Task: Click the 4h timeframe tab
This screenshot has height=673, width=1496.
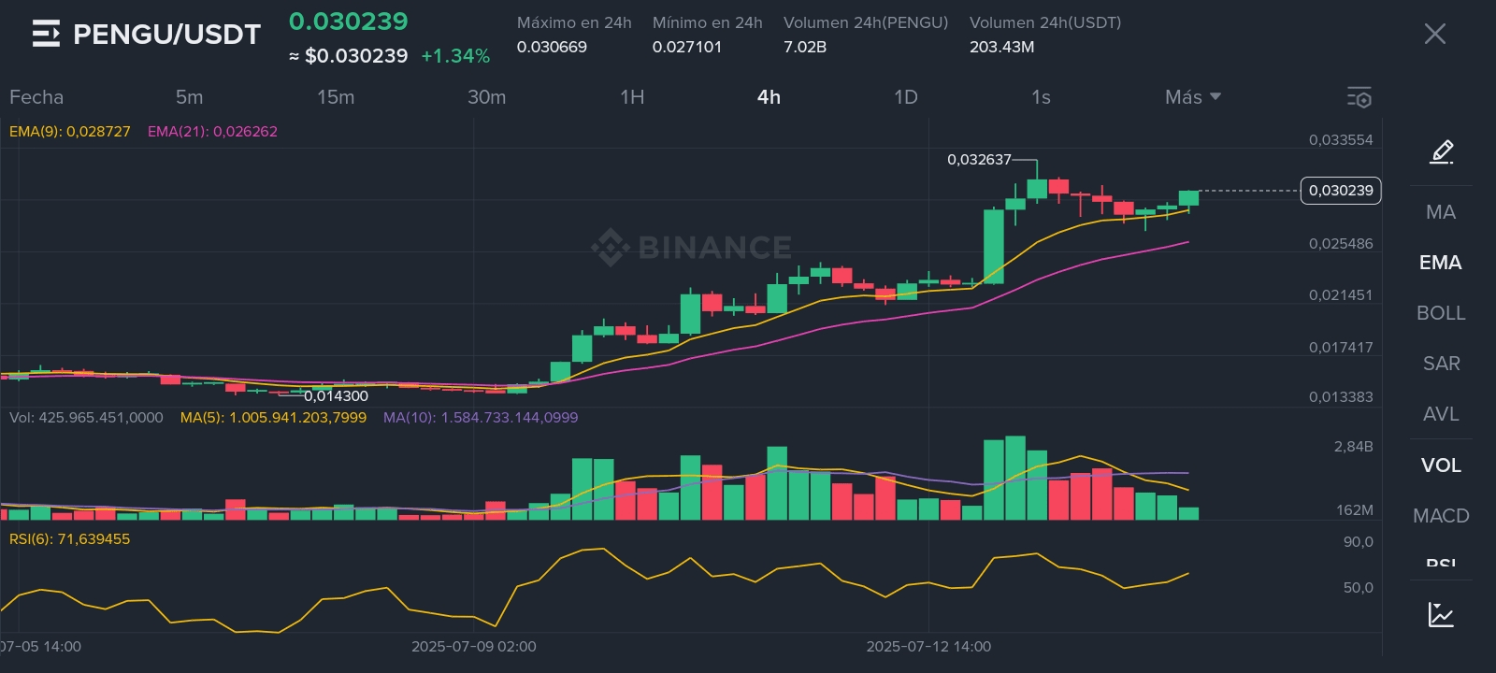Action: click(x=769, y=97)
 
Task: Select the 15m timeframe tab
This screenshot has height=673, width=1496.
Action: click(x=336, y=97)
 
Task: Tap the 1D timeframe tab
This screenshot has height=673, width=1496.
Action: click(x=905, y=97)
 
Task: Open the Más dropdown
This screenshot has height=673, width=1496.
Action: click(x=1192, y=97)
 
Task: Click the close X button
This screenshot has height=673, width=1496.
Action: click(x=1434, y=35)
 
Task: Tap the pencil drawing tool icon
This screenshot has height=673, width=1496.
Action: click(x=1441, y=151)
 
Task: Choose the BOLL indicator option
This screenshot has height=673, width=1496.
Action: click(x=1441, y=313)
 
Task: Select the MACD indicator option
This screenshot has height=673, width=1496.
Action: click(x=1441, y=516)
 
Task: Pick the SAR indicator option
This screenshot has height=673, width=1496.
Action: click(x=1441, y=364)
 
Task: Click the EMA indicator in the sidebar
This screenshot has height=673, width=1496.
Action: click(x=1440, y=263)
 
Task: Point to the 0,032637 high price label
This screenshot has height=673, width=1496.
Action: click(x=979, y=160)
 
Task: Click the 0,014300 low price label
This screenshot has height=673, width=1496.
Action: click(x=336, y=396)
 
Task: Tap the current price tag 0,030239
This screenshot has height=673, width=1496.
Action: click(x=1341, y=191)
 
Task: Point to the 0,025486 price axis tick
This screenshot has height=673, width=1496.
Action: click(x=1341, y=244)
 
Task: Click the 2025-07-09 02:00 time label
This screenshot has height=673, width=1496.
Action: click(x=474, y=647)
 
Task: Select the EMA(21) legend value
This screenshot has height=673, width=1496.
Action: click(x=212, y=132)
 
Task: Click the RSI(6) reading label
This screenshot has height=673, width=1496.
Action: click(x=70, y=539)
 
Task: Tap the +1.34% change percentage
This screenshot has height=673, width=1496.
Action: click(x=455, y=56)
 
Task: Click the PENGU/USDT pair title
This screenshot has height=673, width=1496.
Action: click(x=166, y=35)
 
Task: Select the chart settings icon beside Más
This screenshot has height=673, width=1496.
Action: click(x=1359, y=97)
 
